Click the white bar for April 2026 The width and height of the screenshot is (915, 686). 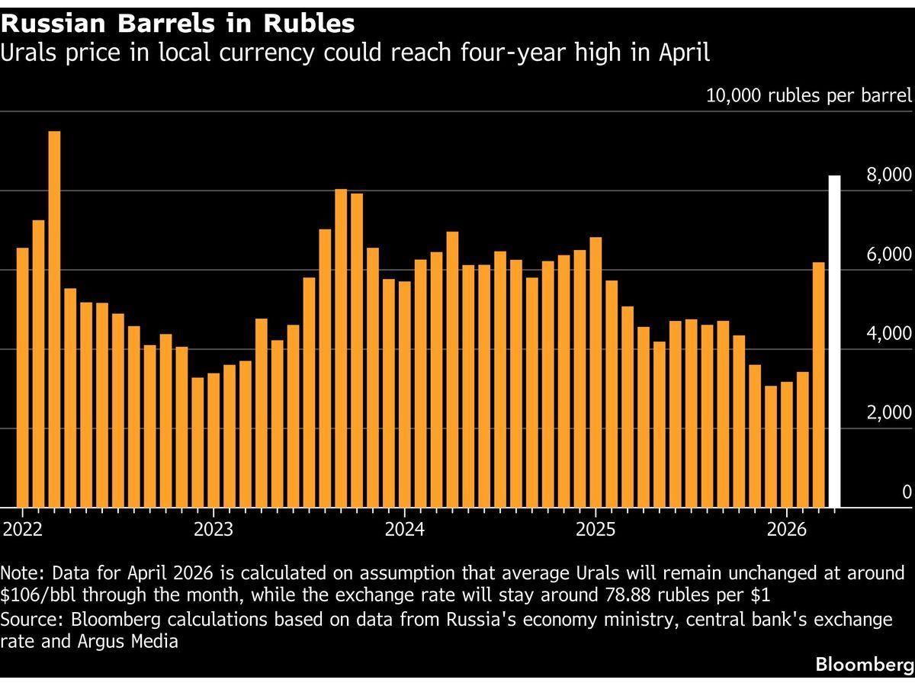[x=834, y=341]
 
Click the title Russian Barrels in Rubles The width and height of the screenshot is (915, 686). [x=178, y=24]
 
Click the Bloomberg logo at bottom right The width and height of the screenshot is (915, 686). [x=864, y=665]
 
